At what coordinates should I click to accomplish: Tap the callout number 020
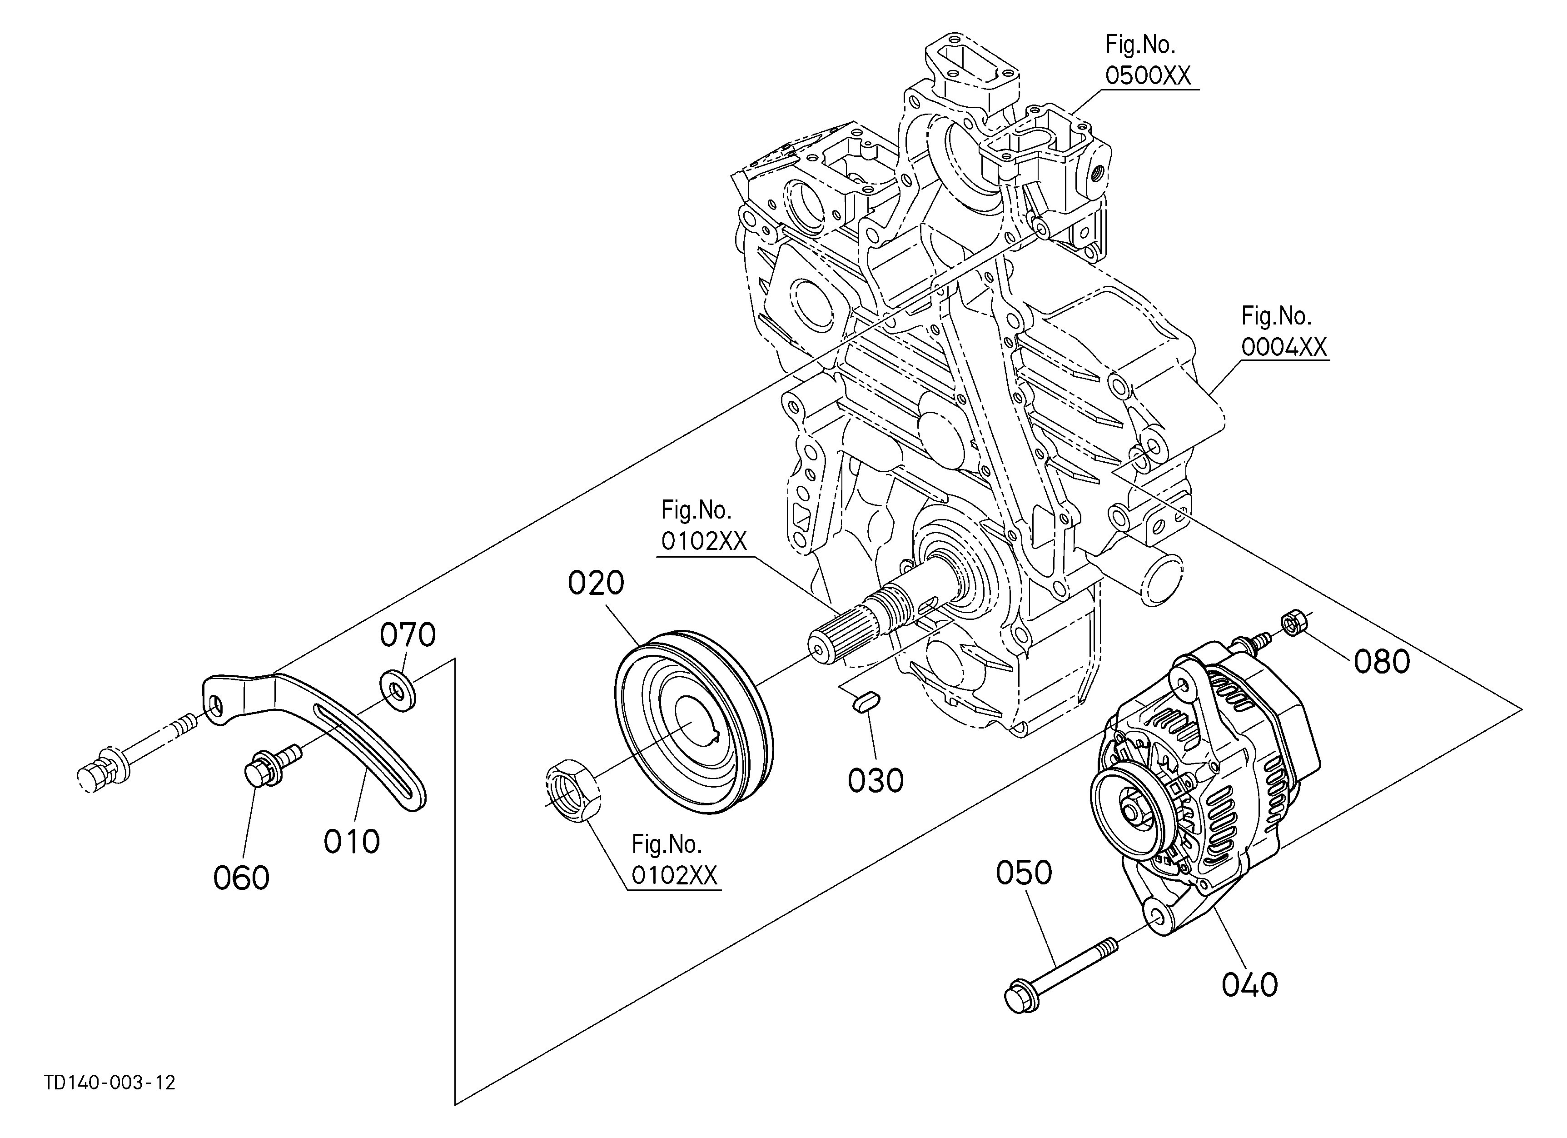[x=596, y=583]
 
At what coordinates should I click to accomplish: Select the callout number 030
[x=876, y=781]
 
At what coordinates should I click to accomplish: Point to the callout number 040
[x=1249, y=984]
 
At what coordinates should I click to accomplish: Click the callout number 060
[x=241, y=878]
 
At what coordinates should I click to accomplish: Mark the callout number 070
[x=408, y=634]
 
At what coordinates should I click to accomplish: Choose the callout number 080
[x=1382, y=662]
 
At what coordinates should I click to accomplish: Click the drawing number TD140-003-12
[x=110, y=1083]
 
